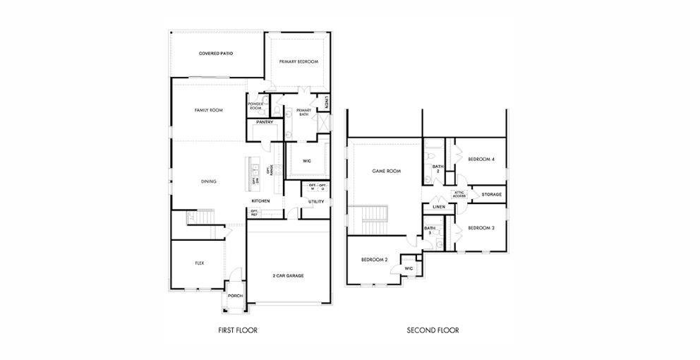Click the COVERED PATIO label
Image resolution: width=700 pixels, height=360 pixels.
tap(215, 54)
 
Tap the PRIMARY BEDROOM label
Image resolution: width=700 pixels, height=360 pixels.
tap(298, 62)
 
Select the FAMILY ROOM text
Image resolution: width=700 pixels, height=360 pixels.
tap(209, 111)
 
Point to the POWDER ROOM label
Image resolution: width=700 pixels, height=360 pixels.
tap(255, 106)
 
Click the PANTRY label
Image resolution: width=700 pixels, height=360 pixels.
tap(265, 122)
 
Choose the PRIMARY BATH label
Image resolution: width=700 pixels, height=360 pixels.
tap(303, 111)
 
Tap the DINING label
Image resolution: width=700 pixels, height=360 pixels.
tap(208, 181)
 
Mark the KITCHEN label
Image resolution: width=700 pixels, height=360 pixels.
tap(260, 200)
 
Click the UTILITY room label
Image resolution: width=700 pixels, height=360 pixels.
tap(315, 202)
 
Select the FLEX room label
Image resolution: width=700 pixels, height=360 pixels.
tap(199, 263)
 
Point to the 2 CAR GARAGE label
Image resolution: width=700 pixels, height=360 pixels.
tap(288, 275)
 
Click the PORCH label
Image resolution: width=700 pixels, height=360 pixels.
tap(235, 296)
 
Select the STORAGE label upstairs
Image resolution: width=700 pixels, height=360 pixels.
tap(492, 194)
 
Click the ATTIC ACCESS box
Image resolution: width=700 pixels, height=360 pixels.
tap(459, 194)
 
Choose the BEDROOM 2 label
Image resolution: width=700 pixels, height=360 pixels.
tap(375, 260)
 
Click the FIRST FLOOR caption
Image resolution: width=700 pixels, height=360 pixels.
tap(237, 330)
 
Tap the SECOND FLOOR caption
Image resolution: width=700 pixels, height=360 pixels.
tap(433, 330)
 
